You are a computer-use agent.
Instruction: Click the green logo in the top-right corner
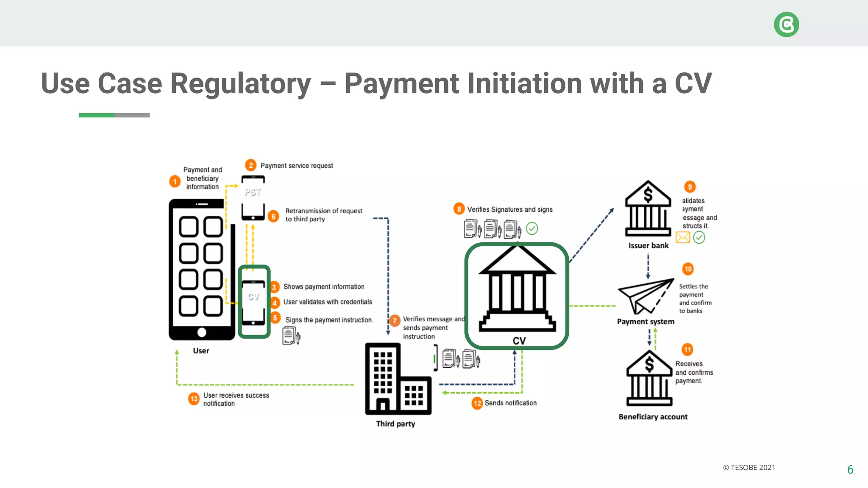786,25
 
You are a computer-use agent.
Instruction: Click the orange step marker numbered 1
175,181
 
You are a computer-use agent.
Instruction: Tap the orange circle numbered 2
250,165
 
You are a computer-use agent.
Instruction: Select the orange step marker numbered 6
273,216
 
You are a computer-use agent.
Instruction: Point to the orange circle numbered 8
459,209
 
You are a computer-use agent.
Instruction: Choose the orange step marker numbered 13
194,399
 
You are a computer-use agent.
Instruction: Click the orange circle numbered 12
477,403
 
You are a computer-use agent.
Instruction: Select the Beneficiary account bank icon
649,379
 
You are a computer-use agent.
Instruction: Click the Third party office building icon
398,379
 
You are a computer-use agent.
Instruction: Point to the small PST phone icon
253,198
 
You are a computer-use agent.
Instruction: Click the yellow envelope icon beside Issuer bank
682,237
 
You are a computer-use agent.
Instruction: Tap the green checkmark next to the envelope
699,238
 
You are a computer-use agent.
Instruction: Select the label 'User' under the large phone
201,351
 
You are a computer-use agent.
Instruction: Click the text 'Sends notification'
510,403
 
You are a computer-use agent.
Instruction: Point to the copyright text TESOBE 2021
749,468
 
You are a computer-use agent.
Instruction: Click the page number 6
850,469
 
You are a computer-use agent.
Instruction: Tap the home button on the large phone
202,333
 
